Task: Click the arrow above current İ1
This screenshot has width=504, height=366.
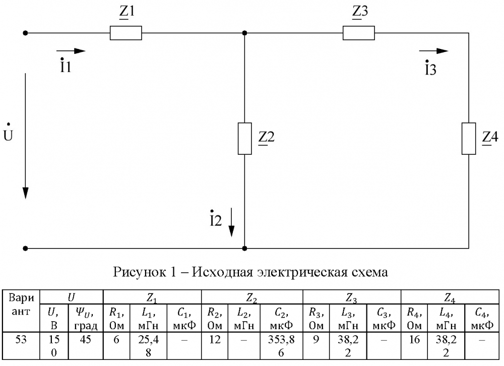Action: (71, 51)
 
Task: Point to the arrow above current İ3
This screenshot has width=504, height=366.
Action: (433, 51)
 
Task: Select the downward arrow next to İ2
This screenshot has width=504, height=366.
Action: (231, 222)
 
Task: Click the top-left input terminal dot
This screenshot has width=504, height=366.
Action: (25, 33)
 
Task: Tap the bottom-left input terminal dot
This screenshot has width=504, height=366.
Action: (25, 249)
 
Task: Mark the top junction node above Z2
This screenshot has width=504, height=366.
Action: (244, 33)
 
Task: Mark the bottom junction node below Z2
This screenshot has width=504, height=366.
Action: (244, 249)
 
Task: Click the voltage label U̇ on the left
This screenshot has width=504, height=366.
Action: (8, 133)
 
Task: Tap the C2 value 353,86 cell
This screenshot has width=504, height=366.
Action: (281, 346)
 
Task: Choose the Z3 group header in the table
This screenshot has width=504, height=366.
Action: (351, 298)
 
